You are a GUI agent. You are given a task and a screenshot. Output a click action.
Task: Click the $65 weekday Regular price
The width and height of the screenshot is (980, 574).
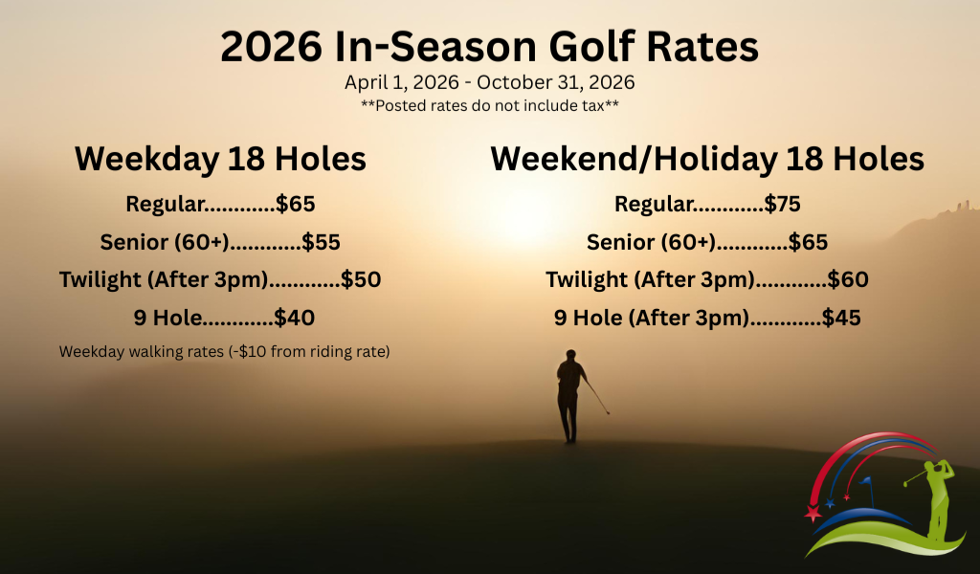pyautogui.click(x=296, y=204)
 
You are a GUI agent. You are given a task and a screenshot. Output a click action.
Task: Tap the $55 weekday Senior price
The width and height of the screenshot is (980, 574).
pyautogui.click(x=322, y=242)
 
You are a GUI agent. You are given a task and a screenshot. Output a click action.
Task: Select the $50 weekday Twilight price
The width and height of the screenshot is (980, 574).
pyautogui.click(x=362, y=280)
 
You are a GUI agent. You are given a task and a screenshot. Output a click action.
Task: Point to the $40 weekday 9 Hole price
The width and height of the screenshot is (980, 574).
pyautogui.click(x=295, y=318)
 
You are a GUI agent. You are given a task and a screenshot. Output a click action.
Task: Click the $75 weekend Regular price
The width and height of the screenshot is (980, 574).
pyautogui.click(x=782, y=204)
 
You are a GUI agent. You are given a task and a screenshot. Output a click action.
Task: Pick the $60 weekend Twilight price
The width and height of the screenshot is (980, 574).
pyautogui.click(x=848, y=280)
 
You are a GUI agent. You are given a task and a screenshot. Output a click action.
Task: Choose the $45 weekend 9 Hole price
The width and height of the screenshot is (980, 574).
pyautogui.click(x=841, y=318)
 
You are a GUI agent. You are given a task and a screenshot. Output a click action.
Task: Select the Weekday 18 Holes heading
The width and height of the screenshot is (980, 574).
pyautogui.click(x=220, y=158)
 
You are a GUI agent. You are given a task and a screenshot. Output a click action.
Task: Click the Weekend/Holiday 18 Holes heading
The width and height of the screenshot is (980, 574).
pyautogui.click(x=707, y=158)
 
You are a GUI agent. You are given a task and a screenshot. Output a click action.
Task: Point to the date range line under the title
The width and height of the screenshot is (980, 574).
pyautogui.click(x=490, y=82)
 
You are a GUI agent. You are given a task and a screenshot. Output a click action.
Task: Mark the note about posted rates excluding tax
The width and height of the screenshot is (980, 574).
pyautogui.click(x=490, y=105)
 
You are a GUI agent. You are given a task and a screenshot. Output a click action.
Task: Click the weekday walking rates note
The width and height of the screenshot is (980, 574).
pyautogui.click(x=224, y=351)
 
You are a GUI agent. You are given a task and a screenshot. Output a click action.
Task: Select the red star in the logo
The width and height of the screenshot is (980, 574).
pyautogui.click(x=813, y=514)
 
